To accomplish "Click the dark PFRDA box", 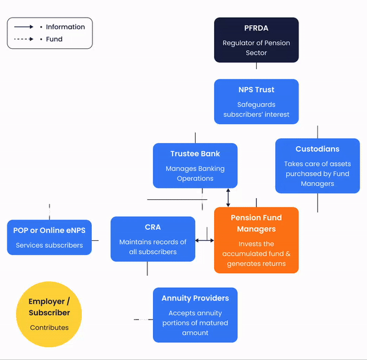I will point(256,40).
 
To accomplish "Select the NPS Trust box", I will point(256,101).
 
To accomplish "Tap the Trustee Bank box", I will point(195,165).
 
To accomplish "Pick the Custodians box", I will point(317,166).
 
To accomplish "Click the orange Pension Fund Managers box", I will point(256,240).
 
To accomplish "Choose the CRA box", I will point(153,239).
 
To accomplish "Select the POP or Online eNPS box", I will point(49,237).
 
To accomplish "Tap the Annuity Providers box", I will point(195,315).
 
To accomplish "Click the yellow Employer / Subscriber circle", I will point(49,314).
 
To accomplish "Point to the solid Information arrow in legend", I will point(24,27).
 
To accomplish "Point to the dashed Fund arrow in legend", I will point(24,39).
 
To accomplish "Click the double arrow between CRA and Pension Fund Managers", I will point(205,240).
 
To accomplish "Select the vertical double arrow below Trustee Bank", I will point(228,197).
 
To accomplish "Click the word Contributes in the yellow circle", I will point(49,328).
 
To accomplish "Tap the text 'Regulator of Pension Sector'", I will point(256,48).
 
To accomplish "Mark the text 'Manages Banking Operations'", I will point(195,174).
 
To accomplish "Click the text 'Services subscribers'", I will point(49,245).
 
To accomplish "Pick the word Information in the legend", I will point(65,27).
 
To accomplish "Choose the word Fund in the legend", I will point(54,39).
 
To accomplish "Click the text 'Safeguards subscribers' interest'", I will point(256,109).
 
